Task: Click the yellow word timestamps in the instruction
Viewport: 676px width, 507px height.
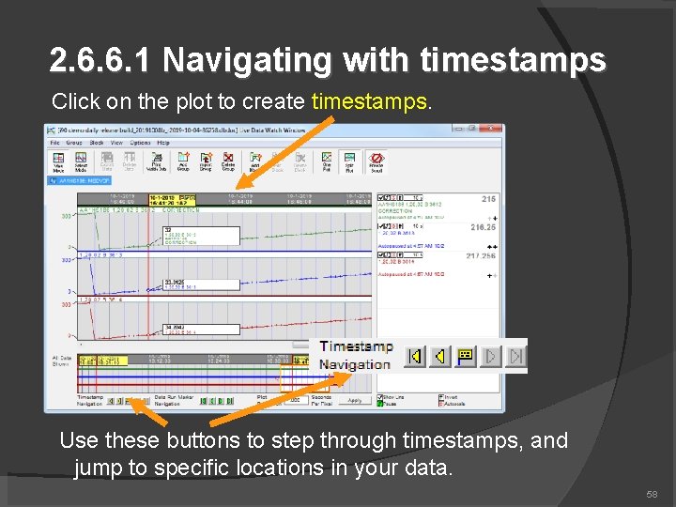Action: (371, 100)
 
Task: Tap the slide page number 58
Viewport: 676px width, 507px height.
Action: (651, 494)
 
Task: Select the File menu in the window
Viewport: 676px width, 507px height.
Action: (55, 142)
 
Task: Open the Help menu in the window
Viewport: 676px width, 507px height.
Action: (164, 142)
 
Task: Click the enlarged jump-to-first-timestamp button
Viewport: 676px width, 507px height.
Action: (414, 357)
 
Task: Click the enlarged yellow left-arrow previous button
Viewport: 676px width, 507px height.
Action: (439, 357)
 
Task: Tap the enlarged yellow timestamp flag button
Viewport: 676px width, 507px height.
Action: (465, 357)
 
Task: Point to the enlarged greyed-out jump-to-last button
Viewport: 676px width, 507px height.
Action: (515, 357)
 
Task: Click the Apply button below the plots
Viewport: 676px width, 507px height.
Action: (354, 400)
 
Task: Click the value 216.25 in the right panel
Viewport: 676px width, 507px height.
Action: (483, 227)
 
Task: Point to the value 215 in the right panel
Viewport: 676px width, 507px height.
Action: (488, 199)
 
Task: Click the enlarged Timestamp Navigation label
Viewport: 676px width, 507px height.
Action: (355, 356)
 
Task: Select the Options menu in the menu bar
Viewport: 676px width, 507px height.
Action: (140, 142)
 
